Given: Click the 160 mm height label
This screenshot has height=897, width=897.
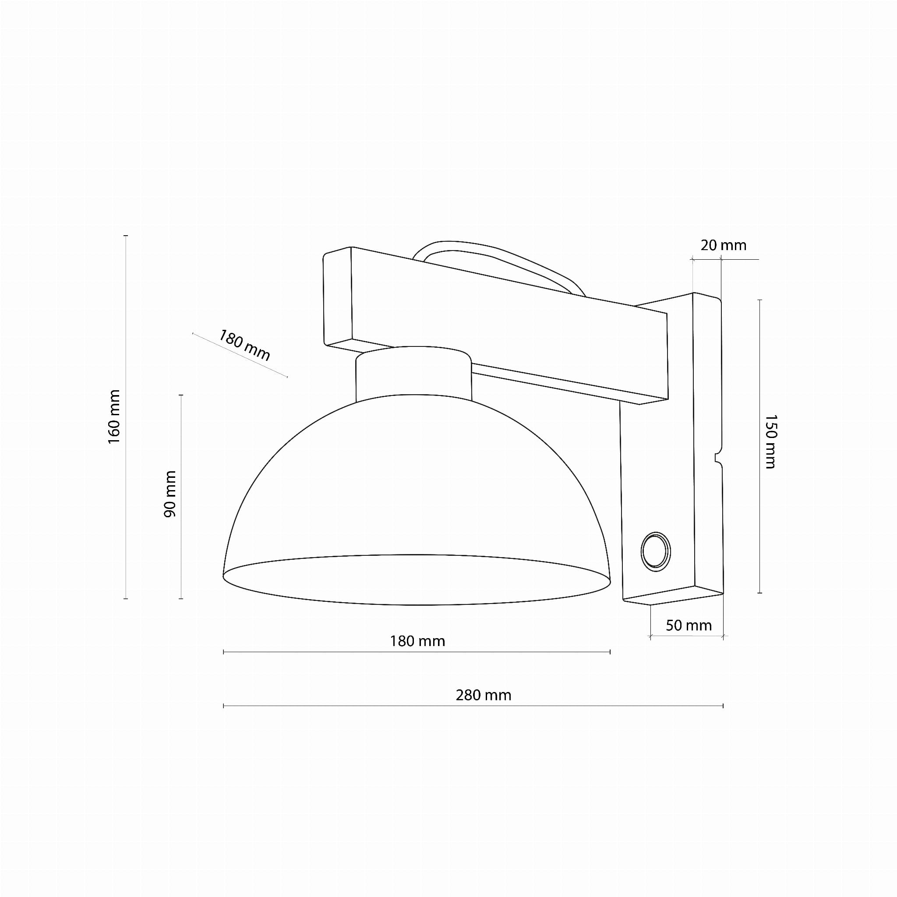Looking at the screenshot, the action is tap(114, 417).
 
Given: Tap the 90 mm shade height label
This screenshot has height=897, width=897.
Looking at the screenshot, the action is tap(170, 494).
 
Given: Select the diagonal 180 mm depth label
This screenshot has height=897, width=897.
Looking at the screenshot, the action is tap(244, 345).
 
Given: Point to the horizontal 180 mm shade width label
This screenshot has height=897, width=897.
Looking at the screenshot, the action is tap(417, 641).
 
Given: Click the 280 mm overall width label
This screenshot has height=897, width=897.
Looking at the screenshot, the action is tap(484, 695).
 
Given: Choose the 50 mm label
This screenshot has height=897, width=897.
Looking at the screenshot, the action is tap(689, 625).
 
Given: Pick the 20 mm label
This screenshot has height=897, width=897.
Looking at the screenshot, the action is tap(724, 245).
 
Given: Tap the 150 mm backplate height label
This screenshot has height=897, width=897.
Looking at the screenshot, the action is tap(770, 441).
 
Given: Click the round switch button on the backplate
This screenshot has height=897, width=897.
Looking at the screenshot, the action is tap(656, 551).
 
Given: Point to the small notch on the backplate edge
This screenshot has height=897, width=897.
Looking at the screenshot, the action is tap(718, 458).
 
